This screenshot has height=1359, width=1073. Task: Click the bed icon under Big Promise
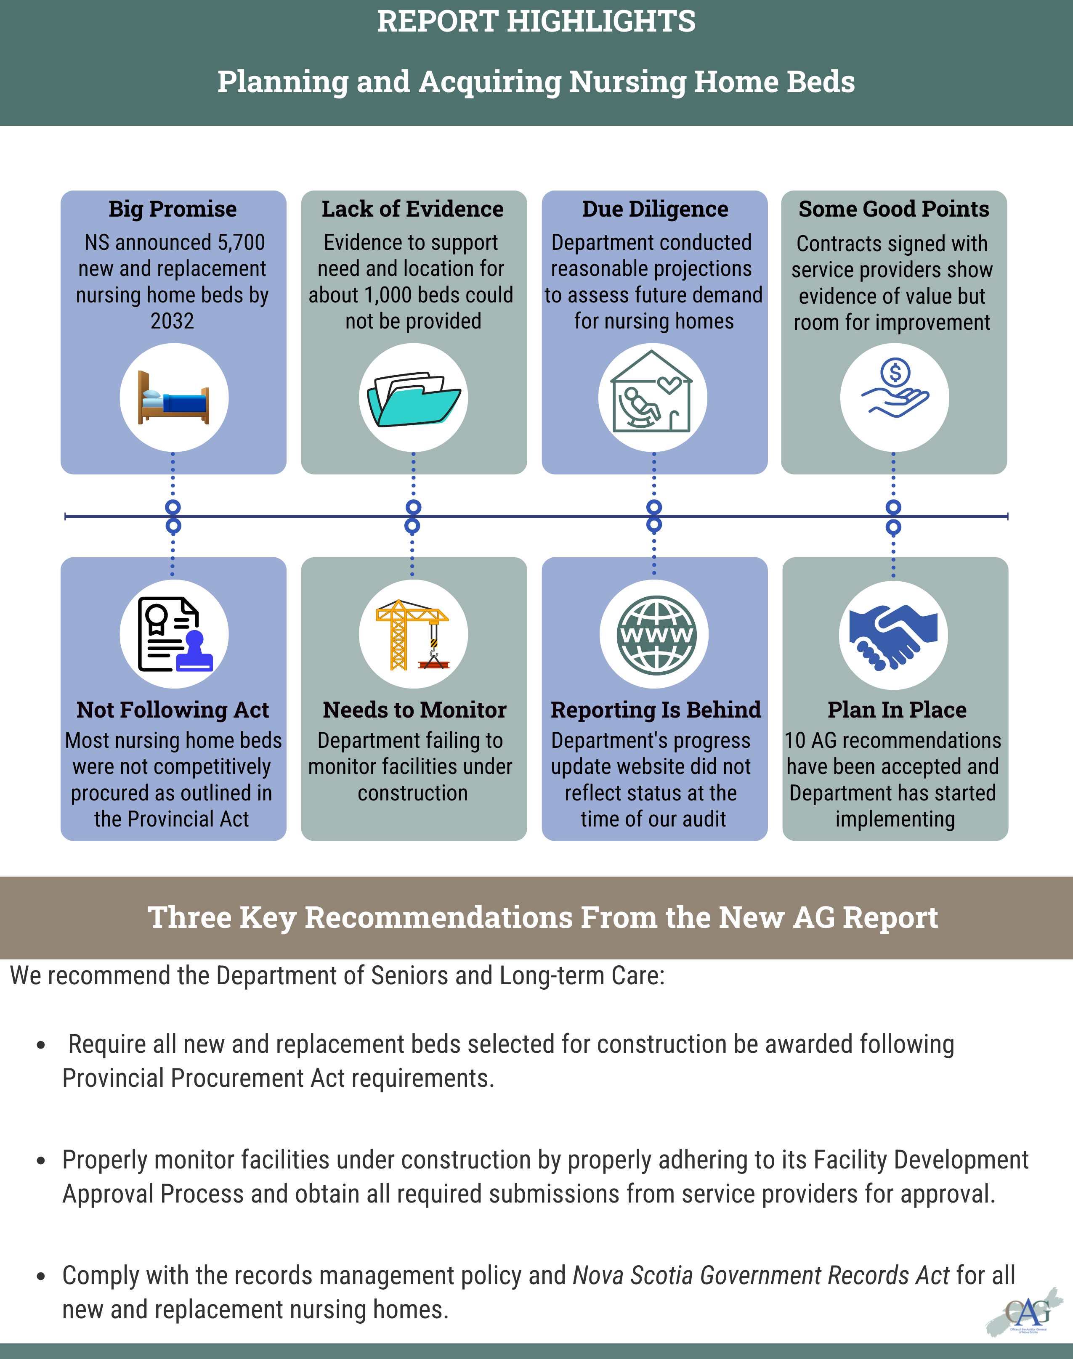click(x=173, y=397)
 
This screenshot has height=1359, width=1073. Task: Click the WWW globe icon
click(x=656, y=634)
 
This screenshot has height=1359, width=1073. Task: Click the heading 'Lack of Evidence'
click(x=413, y=209)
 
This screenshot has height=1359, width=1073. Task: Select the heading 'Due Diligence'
click(x=655, y=209)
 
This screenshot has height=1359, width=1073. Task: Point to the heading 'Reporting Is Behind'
click(x=655, y=710)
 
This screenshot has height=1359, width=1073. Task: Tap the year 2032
click(x=172, y=321)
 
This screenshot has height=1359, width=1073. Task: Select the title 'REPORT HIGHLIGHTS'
click(x=536, y=21)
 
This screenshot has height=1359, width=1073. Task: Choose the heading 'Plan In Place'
click(x=896, y=710)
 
